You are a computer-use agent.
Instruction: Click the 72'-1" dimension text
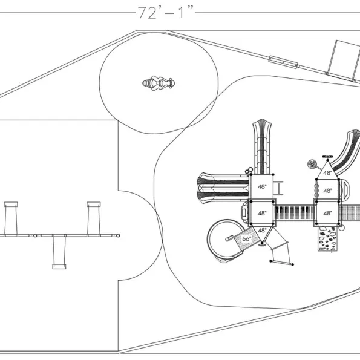[x=165, y=13]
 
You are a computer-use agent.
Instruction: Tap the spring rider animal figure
[x=159, y=83]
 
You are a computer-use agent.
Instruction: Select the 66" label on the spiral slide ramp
[x=246, y=239]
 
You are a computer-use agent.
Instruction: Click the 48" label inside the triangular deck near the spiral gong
[x=327, y=172]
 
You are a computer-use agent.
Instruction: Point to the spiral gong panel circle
[x=312, y=165]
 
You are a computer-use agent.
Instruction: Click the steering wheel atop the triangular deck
[x=327, y=157]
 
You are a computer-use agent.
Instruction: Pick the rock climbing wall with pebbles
[x=327, y=239]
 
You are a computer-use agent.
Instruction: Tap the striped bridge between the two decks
[x=295, y=212]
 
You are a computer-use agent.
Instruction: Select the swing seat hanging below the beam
[x=59, y=267]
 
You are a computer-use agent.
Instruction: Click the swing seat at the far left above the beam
[x=11, y=204]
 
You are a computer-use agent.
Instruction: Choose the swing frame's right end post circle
[x=118, y=235]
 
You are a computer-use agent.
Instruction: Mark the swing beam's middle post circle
[x=35, y=235]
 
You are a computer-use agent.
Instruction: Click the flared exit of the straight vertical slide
[x=262, y=125]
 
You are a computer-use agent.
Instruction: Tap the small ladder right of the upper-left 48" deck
[x=278, y=188]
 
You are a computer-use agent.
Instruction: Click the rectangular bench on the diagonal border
[x=283, y=62]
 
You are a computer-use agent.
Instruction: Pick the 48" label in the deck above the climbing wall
[x=327, y=213]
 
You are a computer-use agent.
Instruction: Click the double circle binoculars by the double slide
[x=249, y=171]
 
